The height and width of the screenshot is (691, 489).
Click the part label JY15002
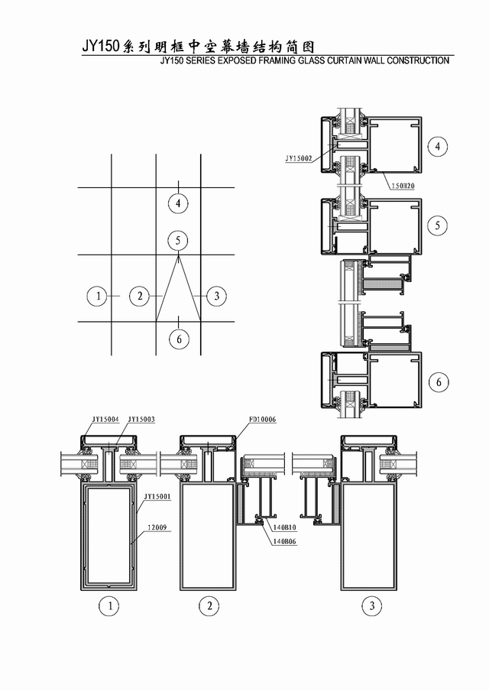click(299, 158)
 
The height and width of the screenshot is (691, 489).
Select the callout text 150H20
click(403, 187)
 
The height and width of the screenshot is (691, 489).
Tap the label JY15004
click(105, 419)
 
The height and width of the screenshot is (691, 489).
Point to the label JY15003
click(141, 419)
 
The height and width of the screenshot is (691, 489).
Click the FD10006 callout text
click(263, 419)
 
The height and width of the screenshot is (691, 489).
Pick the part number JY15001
click(157, 497)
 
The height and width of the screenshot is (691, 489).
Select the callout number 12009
click(157, 527)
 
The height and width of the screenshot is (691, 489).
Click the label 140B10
click(284, 527)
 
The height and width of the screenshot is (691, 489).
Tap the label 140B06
click(284, 542)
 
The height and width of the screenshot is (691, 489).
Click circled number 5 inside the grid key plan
click(178, 241)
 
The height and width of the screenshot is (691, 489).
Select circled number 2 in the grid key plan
click(140, 296)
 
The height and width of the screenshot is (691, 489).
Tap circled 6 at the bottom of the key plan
click(179, 339)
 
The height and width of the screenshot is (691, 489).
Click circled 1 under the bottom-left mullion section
click(109, 606)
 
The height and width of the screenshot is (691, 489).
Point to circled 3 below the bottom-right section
click(372, 606)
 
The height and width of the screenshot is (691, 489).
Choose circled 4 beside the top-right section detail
click(438, 146)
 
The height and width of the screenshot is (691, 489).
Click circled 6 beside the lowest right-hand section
click(439, 382)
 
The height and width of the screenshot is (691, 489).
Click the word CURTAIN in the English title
click(345, 60)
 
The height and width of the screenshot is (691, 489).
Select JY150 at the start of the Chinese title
click(100, 47)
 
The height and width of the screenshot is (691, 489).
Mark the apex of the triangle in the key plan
click(178, 255)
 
